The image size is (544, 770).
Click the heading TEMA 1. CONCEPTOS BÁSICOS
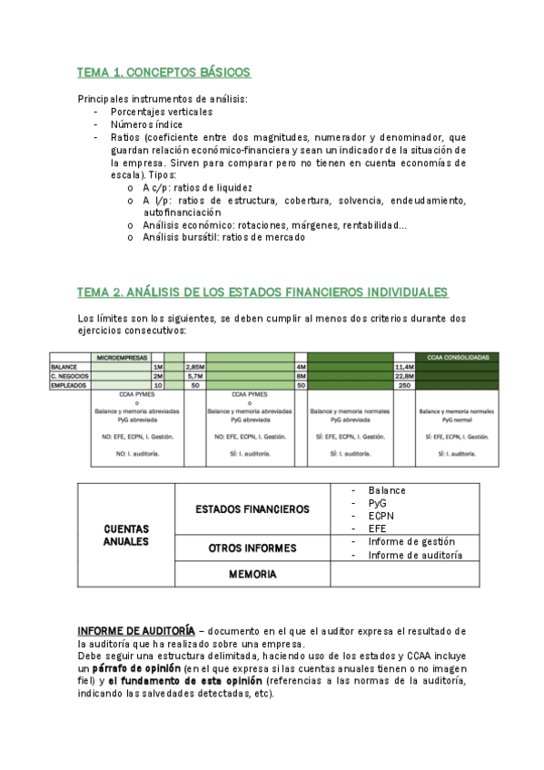click(163, 72)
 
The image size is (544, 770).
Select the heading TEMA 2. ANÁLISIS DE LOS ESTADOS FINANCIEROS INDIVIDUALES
click(262, 291)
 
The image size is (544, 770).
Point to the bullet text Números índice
click(146, 123)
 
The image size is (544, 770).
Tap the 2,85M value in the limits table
click(194, 367)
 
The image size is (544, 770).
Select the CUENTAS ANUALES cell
click(126, 535)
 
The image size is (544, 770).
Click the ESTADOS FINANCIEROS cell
click(252, 509)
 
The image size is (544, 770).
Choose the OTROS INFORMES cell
click(252, 548)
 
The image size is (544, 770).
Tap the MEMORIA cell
click(252, 574)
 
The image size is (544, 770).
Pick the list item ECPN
click(381, 514)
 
